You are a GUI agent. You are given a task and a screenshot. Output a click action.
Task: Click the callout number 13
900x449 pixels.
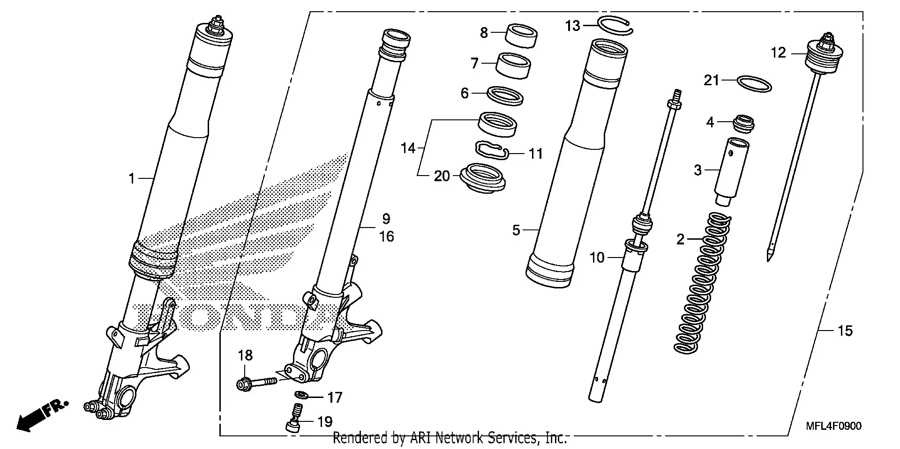tap(572, 26)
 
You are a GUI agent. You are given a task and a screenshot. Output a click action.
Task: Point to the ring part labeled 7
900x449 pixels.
tap(513, 64)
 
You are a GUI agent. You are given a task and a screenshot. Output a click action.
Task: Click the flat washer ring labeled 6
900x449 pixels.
tap(505, 95)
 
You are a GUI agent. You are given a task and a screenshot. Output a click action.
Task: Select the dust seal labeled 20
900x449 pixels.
tap(483, 178)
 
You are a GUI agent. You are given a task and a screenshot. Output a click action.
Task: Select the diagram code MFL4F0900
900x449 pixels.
tap(833, 427)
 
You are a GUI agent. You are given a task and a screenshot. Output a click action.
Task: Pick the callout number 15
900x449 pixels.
tap(845, 331)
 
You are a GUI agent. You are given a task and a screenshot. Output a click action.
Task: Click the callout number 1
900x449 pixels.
tap(132, 178)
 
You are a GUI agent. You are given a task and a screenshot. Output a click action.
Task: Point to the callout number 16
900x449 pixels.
tap(386, 237)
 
